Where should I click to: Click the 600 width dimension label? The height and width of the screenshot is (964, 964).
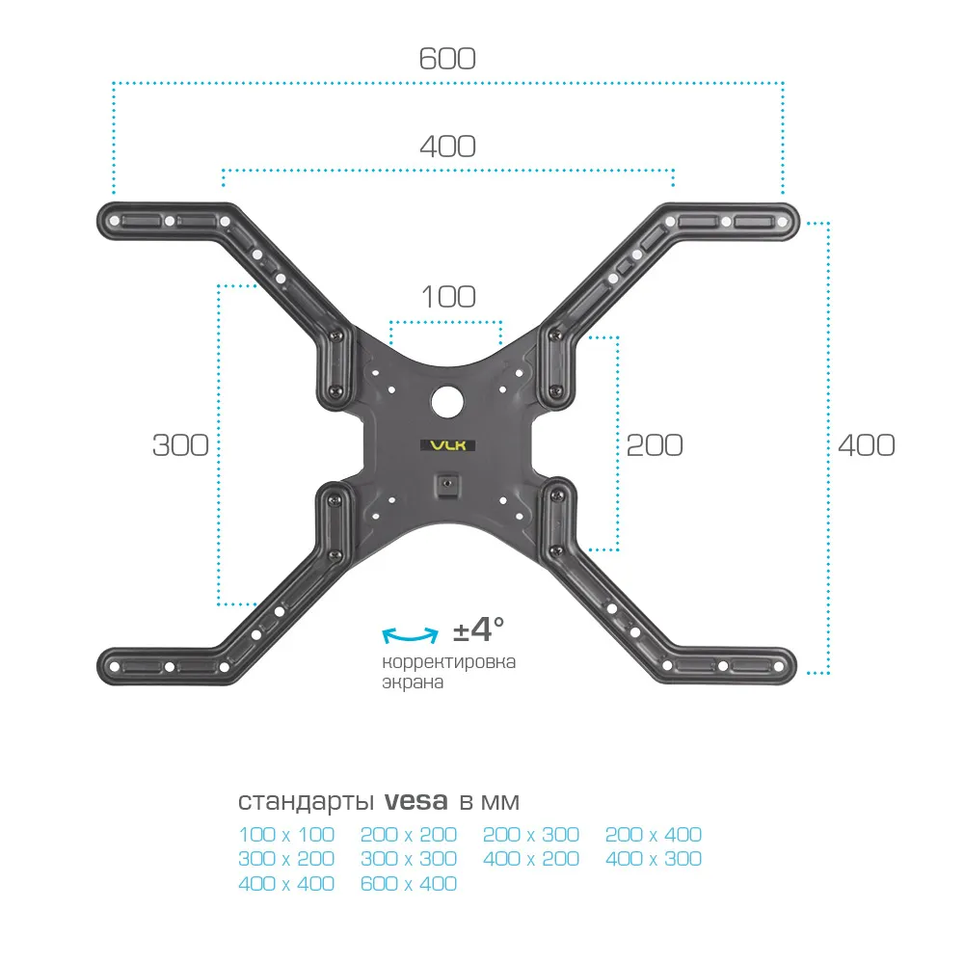click(447, 59)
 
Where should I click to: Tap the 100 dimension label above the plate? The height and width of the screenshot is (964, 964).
click(448, 297)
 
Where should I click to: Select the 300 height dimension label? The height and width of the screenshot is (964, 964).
click(180, 445)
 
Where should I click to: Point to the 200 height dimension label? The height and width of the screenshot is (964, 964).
click(655, 445)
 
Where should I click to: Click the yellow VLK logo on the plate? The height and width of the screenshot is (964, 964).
click(447, 445)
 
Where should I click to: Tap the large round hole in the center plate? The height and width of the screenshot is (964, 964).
click(447, 401)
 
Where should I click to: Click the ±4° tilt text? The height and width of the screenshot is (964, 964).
click(478, 630)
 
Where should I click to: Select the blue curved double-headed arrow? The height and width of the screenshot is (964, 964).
click(410, 635)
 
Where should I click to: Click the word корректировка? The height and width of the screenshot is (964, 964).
click(449, 662)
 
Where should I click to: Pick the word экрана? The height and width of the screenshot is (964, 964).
click(413, 683)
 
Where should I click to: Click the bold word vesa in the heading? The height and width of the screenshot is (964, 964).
click(416, 801)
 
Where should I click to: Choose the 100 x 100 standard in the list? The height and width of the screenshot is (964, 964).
click(286, 834)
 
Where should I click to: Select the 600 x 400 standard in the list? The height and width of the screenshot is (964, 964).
click(409, 883)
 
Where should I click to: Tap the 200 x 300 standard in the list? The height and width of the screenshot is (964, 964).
click(531, 834)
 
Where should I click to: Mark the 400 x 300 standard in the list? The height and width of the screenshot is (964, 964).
click(654, 858)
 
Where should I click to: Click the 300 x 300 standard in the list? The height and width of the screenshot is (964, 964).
click(409, 858)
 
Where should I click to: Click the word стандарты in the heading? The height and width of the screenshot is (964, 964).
click(307, 802)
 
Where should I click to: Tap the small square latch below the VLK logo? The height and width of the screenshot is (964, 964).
click(447, 485)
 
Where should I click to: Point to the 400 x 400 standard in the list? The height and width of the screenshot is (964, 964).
click(286, 883)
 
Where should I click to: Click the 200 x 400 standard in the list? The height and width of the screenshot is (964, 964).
click(654, 834)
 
